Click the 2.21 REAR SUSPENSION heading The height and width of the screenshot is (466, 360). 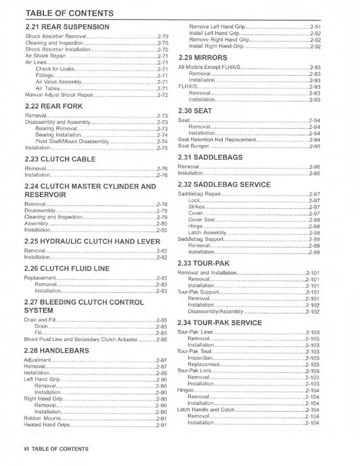[67, 27]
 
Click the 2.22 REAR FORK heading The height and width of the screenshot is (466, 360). [54, 106]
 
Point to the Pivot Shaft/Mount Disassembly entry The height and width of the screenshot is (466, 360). [72, 142]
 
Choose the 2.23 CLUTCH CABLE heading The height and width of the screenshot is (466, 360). [60, 159]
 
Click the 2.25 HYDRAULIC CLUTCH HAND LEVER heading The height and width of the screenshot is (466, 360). [92, 241]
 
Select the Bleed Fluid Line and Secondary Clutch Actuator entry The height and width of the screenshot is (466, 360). [81, 340]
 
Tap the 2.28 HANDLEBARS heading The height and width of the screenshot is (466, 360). [56, 350]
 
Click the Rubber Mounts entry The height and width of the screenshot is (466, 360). [42, 418]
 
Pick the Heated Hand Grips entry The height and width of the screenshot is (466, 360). [47, 425]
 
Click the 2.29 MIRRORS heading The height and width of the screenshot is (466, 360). [203, 57]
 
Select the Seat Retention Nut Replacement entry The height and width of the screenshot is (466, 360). [216, 140]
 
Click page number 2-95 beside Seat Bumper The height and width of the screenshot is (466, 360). [314, 146]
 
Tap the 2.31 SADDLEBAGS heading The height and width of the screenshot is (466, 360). [210, 157]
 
